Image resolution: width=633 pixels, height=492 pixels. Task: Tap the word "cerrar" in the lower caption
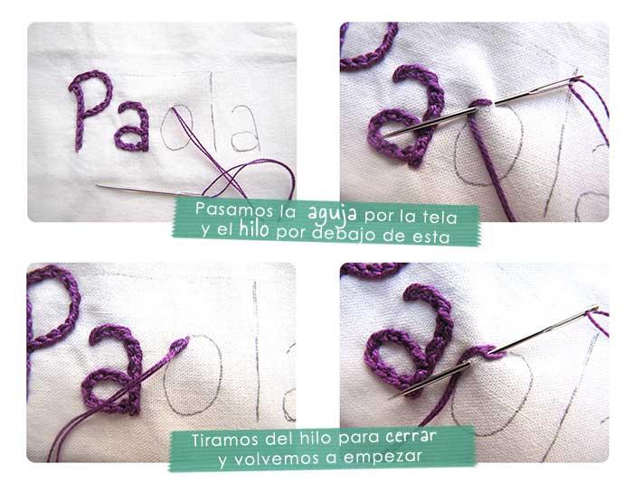(410, 436)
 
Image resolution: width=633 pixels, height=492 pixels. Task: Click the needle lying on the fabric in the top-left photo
(145, 190)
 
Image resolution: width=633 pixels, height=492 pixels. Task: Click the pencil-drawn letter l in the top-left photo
(212, 113)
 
